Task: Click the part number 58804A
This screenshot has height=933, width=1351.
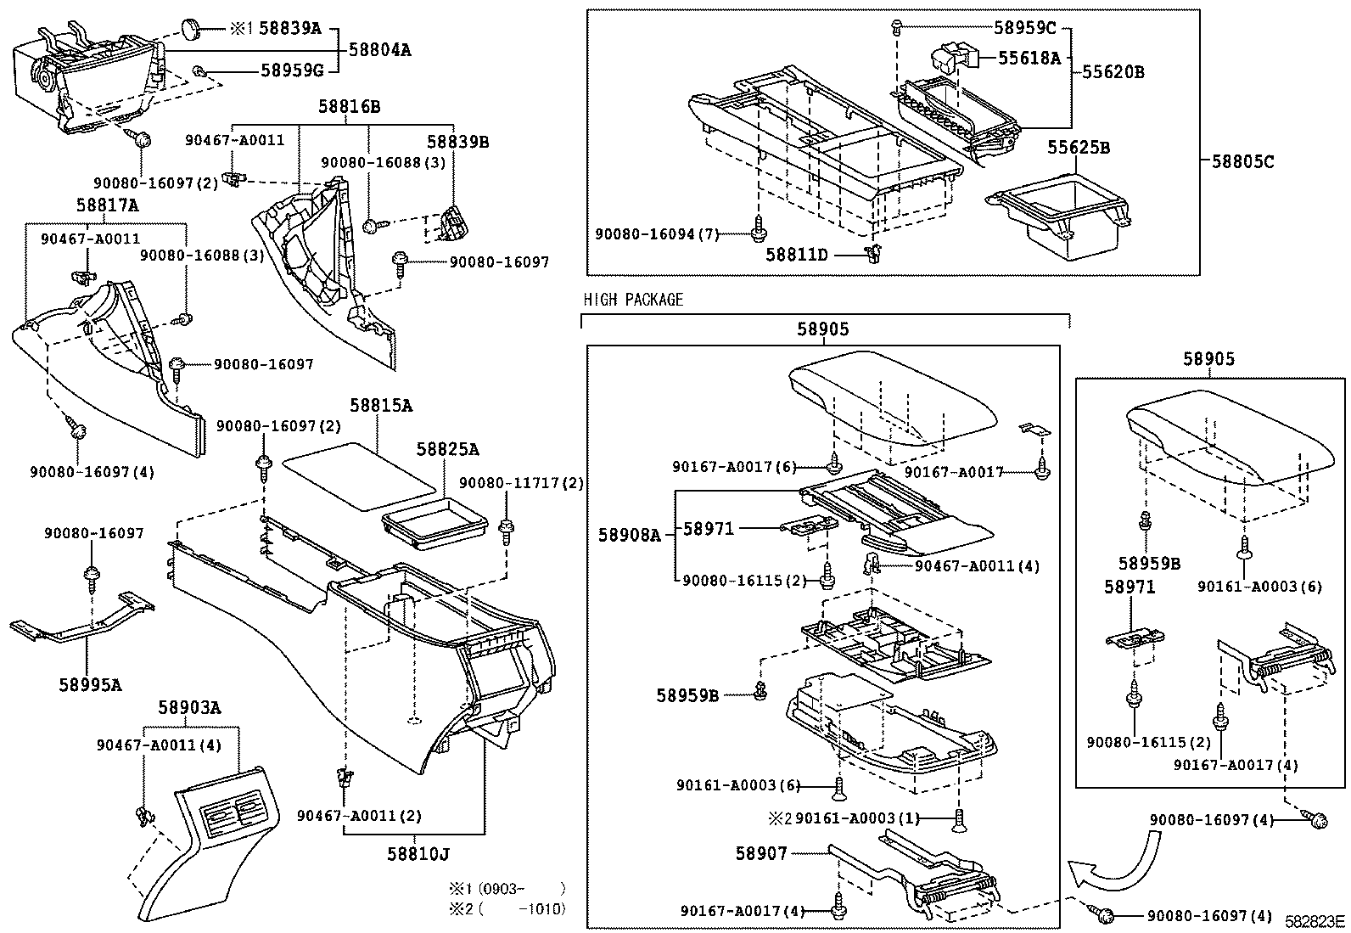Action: [379, 50]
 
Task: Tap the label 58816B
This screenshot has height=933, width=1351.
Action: [349, 107]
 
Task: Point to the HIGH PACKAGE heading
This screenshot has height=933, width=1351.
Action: [633, 300]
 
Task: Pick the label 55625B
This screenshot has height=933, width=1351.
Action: [1078, 148]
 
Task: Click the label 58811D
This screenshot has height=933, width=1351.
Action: [796, 254]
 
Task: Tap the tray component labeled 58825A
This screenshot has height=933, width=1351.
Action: [434, 526]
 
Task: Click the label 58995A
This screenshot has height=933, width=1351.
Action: [90, 683]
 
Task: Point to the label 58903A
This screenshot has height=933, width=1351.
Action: [189, 707]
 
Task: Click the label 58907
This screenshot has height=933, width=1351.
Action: [761, 853]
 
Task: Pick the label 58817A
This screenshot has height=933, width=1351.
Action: [108, 205]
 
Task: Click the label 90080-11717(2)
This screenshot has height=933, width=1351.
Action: [521, 483]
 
